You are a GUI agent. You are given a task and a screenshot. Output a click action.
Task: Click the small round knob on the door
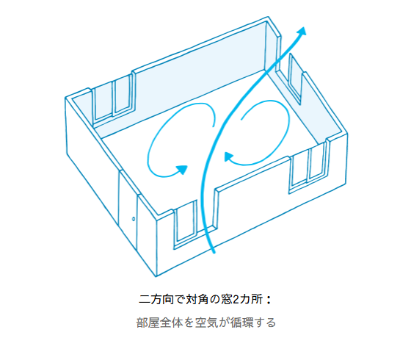[x=134, y=219]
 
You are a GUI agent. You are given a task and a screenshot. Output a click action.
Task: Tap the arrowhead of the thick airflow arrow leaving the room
[x=302, y=31]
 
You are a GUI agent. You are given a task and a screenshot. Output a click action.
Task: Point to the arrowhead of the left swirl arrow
[x=182, y=169]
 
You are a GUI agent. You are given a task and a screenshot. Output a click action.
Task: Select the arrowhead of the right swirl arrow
[x=228, y=156]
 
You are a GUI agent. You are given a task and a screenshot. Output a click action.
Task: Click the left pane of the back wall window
[x=103, y=103]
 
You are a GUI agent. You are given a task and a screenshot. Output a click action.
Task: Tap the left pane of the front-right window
[x=299, y=170]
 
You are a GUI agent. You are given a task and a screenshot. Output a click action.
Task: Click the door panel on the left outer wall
[x=128, y=210]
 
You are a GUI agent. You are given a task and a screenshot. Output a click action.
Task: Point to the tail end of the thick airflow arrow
[x=214, y=252]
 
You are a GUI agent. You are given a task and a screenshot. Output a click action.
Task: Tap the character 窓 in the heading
[x=227, y=300]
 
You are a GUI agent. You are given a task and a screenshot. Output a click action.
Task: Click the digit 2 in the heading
[x=236, y=300]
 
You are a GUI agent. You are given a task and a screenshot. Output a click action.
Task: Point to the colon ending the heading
[x=268, y=300]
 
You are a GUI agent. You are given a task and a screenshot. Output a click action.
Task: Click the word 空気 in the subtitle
[x=206, y=323]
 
